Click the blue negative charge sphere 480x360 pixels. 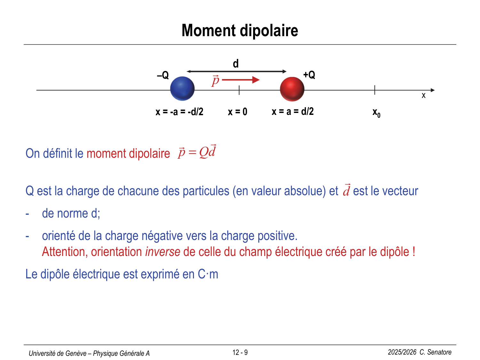tap(182, 89)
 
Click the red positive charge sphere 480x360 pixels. tap(292, 89)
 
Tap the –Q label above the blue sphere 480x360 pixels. tap(163, 76)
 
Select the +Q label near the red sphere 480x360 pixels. tap(309, 75)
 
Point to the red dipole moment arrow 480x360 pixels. tap(241, 80)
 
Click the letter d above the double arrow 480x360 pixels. tap(236, 64)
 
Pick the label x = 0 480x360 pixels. tap(237, 112)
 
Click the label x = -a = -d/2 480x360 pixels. tap(179, 112)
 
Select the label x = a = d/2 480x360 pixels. tap(292, 111)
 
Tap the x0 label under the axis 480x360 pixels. tap(376, 113)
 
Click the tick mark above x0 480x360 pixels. tap(375, 90)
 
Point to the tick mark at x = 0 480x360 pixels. tap(239, 90)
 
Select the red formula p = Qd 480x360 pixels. tap(197, 152)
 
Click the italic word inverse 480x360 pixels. tap(163, 252)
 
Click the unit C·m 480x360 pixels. tap(208, 274)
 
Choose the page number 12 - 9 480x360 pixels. tap(240, 353)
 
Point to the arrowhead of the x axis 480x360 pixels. tap(433, 90)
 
